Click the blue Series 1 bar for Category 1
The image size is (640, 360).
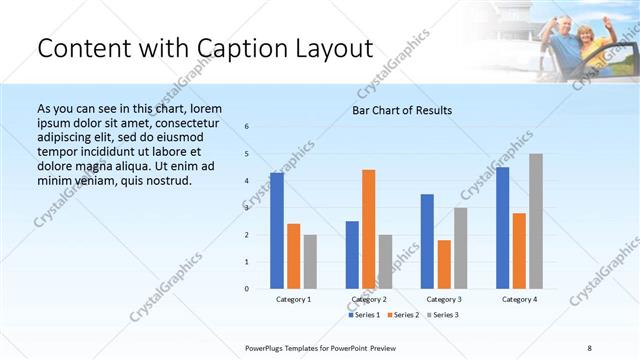pos(277,231)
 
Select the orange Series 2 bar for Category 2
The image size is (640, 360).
pos(369,229)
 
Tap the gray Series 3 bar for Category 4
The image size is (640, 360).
pos(536,221)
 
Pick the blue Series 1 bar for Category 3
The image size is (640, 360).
pos(427,241)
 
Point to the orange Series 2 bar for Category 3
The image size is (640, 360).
pos(444,264)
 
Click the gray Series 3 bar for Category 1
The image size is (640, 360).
pos(310,261)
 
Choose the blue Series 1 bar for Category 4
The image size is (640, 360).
pos(502,228)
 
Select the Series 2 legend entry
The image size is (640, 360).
pos(402,315)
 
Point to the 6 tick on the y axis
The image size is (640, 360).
pos(247,127)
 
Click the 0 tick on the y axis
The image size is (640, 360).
pos(247,288)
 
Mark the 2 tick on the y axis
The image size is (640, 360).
pos(247,235)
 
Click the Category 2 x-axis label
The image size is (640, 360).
pos(369,299)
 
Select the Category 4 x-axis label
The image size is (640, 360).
pos(519,299)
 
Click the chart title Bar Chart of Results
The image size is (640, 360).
pos(402,110)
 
